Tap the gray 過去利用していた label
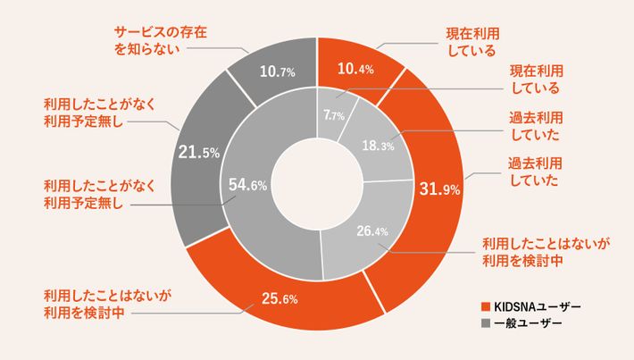click(533, 127)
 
